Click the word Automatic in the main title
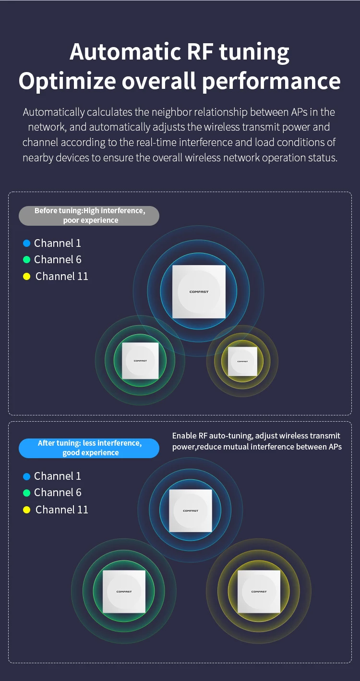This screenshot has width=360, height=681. coord(126,52)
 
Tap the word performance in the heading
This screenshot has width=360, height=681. coord(271,82)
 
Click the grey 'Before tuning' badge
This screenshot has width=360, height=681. coord(89,216)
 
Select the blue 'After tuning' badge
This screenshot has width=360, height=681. coord(89,448)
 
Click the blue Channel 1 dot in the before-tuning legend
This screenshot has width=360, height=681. coord(27,243)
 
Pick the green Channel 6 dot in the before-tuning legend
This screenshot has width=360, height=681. coord(27,260)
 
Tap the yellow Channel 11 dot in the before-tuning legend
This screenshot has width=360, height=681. coord(27,276)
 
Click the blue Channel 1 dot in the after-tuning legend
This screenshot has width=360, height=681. coord(27,476)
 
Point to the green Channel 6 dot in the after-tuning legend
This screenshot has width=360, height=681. coord(27,493)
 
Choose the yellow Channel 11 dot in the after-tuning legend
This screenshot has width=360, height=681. coord(27,510)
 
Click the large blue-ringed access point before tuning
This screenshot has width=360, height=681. coord(199,292)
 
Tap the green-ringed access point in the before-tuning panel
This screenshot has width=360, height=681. coord(140,361)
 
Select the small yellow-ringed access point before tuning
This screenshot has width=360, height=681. coord(242,362)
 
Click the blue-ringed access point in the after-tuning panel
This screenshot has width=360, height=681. coord(191,511)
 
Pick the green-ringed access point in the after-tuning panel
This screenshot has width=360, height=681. coord(124,592)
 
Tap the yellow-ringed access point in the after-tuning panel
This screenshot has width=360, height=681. coord(259,592)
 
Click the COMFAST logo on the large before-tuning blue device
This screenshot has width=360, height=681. coord(199,292)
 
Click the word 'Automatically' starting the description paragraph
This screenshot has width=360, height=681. coord(54,112)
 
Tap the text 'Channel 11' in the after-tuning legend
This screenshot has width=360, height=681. coord(61,510)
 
